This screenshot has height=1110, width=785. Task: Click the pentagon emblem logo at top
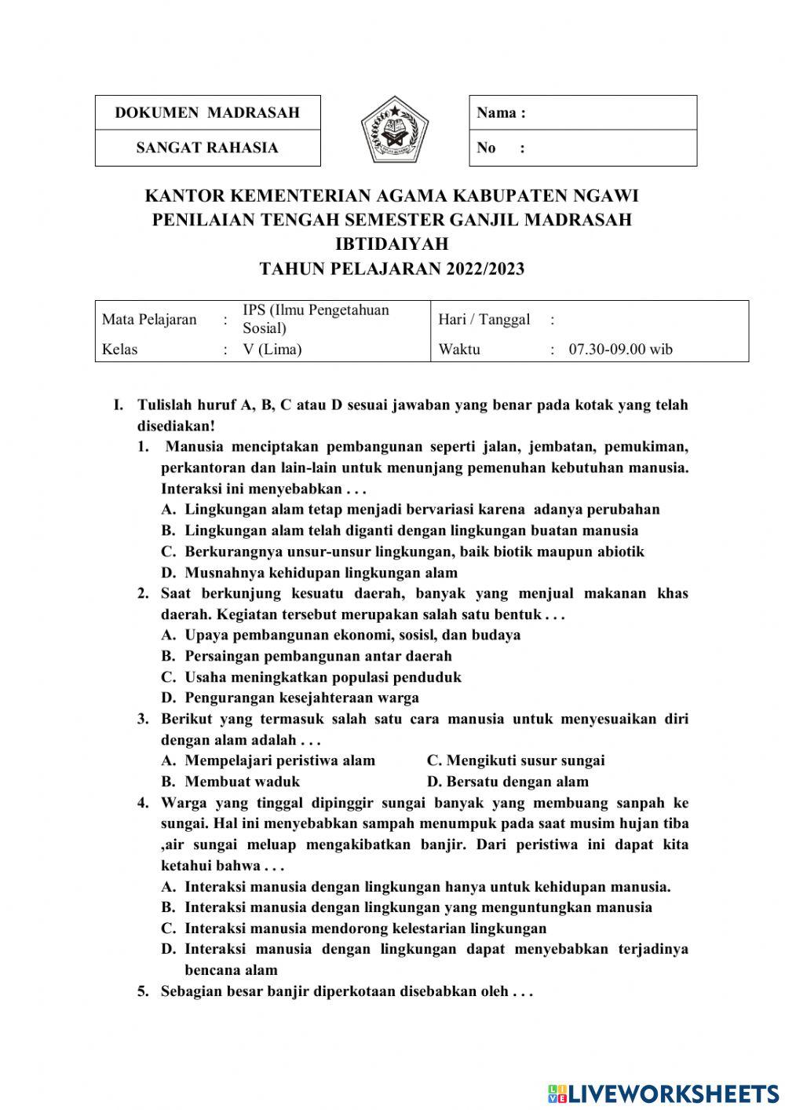pyautogui.click(x=395, y=130)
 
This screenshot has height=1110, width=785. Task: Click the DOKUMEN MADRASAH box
pyautogui.click(x=207, y=112)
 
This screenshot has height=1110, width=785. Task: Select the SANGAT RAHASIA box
pyautogui.click(x=207, y=148)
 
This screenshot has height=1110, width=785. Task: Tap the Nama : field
pyautogui.click(x=582, y=112)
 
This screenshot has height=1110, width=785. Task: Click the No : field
pyautogui.click(x=582, y=148)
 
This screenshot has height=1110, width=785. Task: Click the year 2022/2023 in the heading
pyautogui.click(x=485, y=269)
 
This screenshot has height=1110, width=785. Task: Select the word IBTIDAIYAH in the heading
pyautogui.click(x=392, y=244)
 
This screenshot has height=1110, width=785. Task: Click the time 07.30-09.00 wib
pyautogui.click(x=620, y=350)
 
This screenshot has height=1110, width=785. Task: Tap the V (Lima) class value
pyautogui.click(x=272, y=350)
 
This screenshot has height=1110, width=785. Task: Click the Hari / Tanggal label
pyautogui.click(x=484, y=319)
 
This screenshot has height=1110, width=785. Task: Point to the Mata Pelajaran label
pyautogui.click(x=149, y=319)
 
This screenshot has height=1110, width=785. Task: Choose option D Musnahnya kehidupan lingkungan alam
pyautogui.click(x=320, y=573)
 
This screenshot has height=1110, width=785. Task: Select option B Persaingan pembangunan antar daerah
pyautogui.click(x=318, y=656)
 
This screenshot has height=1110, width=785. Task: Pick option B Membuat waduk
pyautogui.click(x=242, y=782)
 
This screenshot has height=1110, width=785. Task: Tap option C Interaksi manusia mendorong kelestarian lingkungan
pyautogui.click(x=365, y=929)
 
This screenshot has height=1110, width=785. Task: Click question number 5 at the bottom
pyautogui.click(x=143, y=991)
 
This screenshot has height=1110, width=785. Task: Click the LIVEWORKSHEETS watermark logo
pyautogui.click(x=663, y=1093)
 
